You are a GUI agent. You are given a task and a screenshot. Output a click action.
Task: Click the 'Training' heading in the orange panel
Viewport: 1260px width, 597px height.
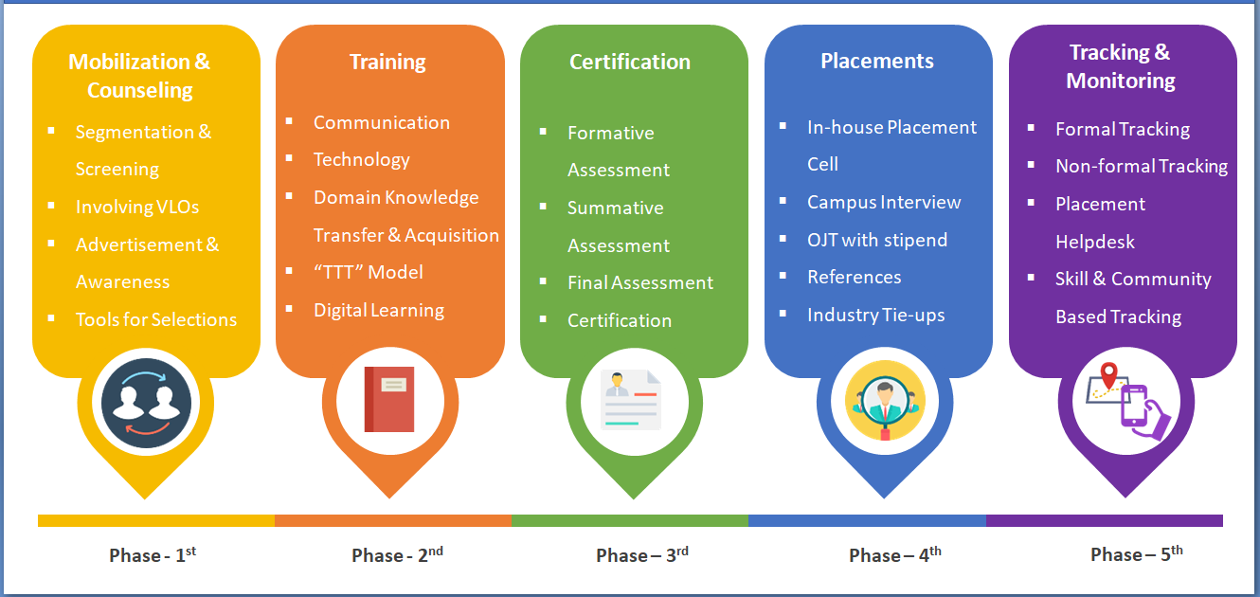(387, 63)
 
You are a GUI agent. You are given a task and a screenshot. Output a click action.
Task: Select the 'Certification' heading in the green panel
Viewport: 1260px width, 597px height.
(630, 63)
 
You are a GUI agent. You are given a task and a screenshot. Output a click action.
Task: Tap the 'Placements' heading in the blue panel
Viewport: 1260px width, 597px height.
(877, 62)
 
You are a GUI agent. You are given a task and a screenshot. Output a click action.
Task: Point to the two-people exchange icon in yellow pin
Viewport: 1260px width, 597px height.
(146, 403)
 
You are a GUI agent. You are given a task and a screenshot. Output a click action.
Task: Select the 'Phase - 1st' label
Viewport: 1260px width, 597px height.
(153, 555)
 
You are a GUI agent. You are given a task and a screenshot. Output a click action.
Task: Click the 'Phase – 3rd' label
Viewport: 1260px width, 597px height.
(642, 555)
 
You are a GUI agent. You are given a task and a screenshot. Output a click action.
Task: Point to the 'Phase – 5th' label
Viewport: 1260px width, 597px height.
(1137, 554)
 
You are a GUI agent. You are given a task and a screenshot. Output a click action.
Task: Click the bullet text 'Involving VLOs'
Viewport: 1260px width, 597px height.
(137, 207)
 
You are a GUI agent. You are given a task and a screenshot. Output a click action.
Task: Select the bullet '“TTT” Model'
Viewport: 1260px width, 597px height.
(369, 273)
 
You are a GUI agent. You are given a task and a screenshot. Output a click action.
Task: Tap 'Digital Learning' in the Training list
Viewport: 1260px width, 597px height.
(379, 310)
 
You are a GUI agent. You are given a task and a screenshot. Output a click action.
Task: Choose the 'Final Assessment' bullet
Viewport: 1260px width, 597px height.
(640, 282)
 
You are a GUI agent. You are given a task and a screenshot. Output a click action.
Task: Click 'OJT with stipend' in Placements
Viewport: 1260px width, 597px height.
(877, 240)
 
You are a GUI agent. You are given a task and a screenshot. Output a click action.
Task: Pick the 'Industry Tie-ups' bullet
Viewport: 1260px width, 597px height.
(876, 315)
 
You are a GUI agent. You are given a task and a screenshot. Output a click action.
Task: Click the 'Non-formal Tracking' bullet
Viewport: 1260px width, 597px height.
(1142, 166)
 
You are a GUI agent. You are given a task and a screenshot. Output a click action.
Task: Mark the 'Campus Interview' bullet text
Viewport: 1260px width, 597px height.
(884, 202)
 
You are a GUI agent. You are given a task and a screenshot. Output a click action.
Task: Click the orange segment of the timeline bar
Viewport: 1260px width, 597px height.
(393, 520)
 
